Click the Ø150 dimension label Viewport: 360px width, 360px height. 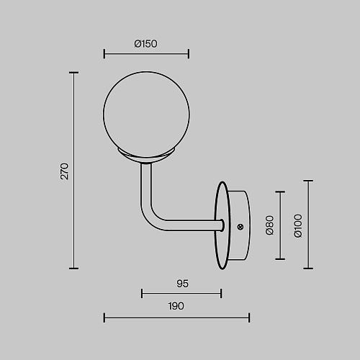click(145, 44)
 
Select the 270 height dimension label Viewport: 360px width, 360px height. click(64, 171)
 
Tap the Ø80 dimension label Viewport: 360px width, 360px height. click(270, 225)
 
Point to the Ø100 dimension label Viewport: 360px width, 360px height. click(298, 226)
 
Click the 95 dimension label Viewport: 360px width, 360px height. click(182, 284)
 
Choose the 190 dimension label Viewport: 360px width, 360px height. click(176, 306)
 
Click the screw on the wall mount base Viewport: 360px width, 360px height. click(240, 227)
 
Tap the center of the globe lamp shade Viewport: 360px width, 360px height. click(146, 114)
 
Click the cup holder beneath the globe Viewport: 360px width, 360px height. click(146, 156)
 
